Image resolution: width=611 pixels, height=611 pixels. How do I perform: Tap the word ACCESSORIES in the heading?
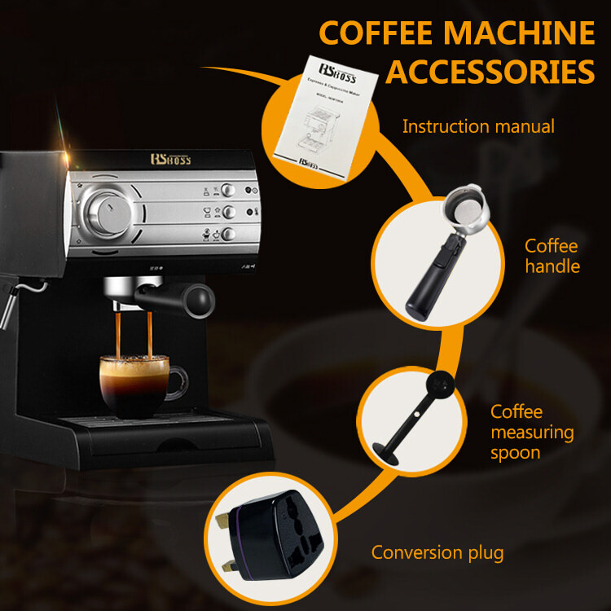[490, 71]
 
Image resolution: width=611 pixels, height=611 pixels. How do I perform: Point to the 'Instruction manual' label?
[478, 126]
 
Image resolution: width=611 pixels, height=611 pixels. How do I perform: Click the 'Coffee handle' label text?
[551, 256]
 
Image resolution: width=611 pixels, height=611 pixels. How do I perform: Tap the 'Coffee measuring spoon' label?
[532, 432]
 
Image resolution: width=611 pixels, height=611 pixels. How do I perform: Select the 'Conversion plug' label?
[437, 552]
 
